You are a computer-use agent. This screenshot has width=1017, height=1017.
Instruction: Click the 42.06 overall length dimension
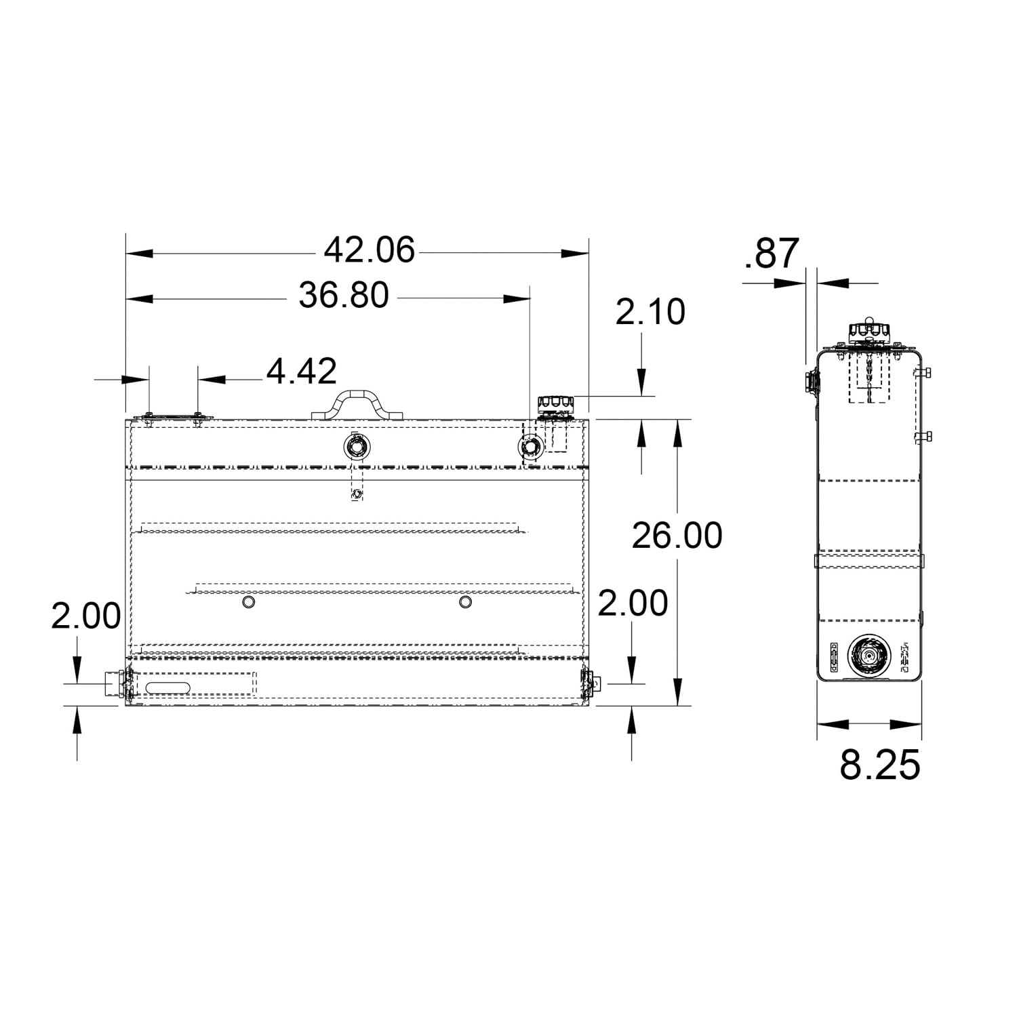tap(369, 251)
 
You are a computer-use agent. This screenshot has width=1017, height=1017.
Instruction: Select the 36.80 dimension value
tap(344, 296)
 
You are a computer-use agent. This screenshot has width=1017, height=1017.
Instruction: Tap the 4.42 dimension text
tap(301, 372)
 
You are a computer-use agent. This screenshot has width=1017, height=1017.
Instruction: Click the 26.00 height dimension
tap(677, 536)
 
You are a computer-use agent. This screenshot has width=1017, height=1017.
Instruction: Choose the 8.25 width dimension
tap(879, 765)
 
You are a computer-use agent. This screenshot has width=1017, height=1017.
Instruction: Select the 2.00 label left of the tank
tap(86, 617)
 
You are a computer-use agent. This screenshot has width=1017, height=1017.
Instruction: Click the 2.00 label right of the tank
tap(633, 603)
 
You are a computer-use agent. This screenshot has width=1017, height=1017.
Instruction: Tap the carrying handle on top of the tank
tap(357, 403)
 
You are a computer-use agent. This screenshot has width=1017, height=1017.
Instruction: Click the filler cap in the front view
tap(555, 405)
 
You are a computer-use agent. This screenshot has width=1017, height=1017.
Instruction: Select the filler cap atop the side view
tap(869, 332)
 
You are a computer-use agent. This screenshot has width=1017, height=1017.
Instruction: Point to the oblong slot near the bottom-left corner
tap(168, 687)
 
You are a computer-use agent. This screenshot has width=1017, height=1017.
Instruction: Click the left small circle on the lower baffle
tap(249, 602)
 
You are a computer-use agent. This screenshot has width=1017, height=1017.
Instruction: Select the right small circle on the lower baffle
tap(465, 602)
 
